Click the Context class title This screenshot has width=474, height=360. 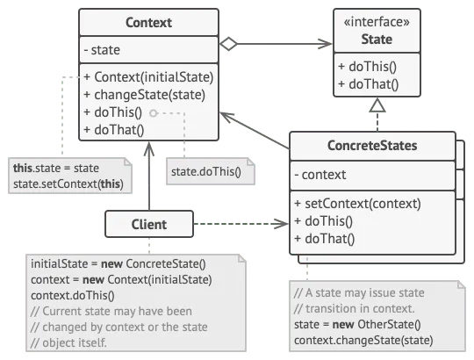pyautogui.click(x=148, y=23)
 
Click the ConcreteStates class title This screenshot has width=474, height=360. pyautogui.click(x=373, y=146)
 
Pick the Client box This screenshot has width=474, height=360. pyautogui.click(x=148, y=224)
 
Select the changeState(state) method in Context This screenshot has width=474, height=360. pyautogui.click(x=144, y=95)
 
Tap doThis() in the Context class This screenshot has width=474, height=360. pyautogui.click(x=115, y=112)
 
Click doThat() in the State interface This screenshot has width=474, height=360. pyautogui.click(x=368, y=85)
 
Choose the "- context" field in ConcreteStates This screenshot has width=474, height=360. pyautogui.click(x=322, y=175)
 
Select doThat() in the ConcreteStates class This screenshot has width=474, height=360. pyautogui.click(x=325, y=238)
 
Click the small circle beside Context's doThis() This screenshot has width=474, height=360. pyautogui.click(x=154, y=113)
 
